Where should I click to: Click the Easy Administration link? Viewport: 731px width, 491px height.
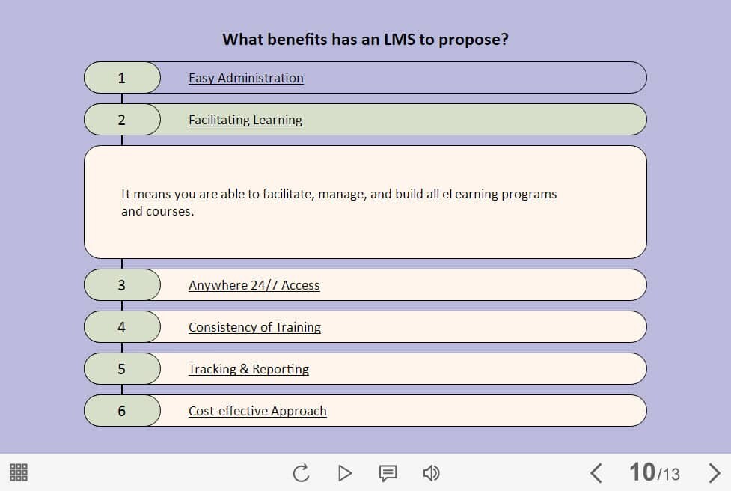245,78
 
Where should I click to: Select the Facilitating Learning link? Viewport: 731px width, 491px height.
245,120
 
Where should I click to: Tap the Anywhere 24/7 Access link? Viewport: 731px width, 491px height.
254,285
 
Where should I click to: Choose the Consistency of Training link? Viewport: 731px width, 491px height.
254,327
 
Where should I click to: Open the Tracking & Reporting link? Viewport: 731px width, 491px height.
248,369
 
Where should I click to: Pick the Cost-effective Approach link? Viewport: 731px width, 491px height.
257,411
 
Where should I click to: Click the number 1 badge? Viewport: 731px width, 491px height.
122,77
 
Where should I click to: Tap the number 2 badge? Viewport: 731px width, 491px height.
122,119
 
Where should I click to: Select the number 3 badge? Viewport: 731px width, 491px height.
122,285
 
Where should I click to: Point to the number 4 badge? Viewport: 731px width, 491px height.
122,327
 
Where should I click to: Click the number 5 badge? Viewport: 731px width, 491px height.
122,369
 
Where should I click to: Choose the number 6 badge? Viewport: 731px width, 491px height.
122,411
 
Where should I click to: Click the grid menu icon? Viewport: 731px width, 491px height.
19,472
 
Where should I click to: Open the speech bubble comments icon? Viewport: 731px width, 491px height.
388,473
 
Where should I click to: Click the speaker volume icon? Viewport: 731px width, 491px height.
431,473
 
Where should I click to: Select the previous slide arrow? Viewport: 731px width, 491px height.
596,473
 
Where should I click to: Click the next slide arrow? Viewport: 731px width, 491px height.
715,473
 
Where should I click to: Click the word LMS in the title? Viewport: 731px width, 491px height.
399,40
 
